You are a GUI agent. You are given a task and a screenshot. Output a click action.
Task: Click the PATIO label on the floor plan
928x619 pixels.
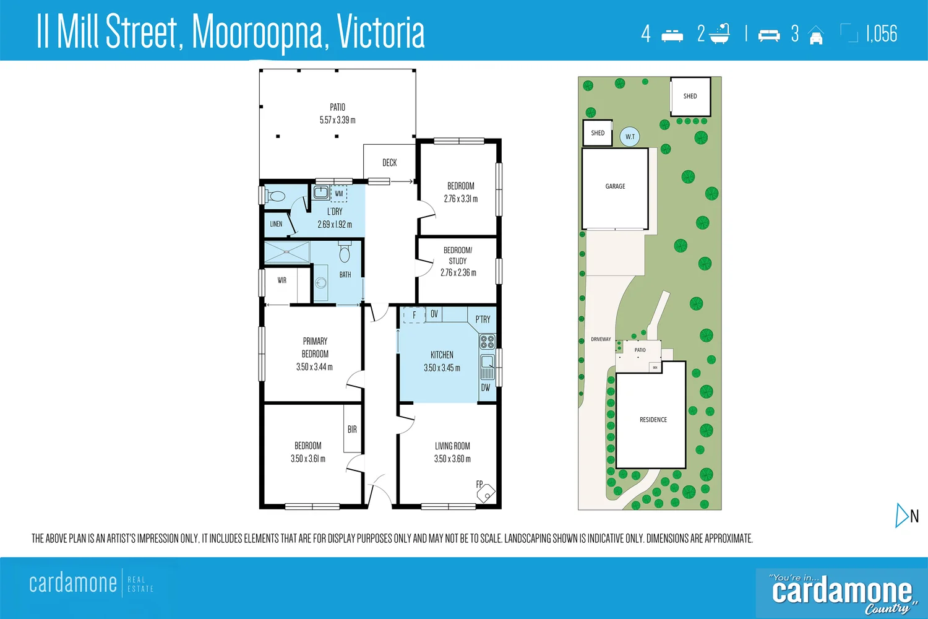coord(337,107)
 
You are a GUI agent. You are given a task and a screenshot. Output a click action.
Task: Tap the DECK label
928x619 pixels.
coord(389,163)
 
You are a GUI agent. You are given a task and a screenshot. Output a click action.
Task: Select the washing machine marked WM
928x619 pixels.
coord(338,194)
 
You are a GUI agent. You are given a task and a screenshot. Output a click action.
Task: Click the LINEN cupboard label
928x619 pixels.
coord(276,224)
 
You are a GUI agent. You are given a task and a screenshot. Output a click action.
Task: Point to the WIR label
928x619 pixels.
coord(281,280)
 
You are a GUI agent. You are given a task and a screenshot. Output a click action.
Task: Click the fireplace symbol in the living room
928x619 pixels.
coord(486,493)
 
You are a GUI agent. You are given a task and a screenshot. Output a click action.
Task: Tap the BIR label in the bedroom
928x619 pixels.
coord(352,429)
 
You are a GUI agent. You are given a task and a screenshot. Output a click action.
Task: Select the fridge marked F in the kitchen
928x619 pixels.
coord(414,315)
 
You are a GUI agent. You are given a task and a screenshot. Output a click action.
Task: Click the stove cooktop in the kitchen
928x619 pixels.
coord(487,342)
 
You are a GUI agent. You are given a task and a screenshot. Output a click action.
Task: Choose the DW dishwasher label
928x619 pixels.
coord(486,387)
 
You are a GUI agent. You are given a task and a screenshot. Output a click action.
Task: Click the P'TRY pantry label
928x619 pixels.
coord(483,319)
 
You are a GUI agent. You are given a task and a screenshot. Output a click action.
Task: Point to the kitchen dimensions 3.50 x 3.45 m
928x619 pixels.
coord(442,368)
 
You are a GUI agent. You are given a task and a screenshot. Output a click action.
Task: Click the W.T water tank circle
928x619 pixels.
coord(630,137)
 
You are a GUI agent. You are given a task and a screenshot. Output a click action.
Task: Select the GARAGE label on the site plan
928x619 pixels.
coord(615,186)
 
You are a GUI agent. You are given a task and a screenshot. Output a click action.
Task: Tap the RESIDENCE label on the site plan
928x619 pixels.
coord(653,420)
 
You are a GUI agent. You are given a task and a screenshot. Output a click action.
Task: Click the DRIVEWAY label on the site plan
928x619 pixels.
coord(600,339)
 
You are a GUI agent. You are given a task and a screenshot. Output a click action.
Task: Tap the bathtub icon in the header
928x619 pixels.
coord(720,34)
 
